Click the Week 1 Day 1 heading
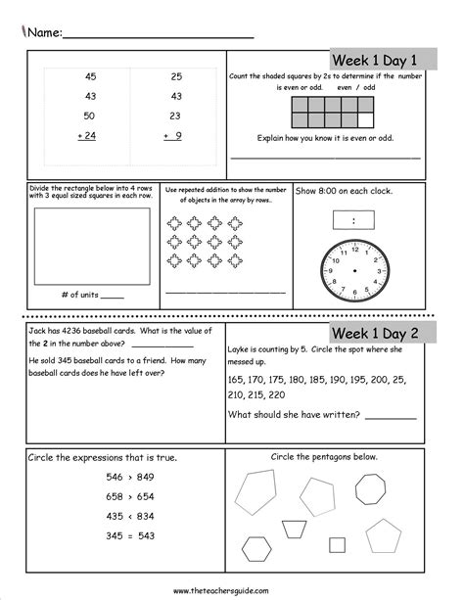(376, 60)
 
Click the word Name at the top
(43, 31)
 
